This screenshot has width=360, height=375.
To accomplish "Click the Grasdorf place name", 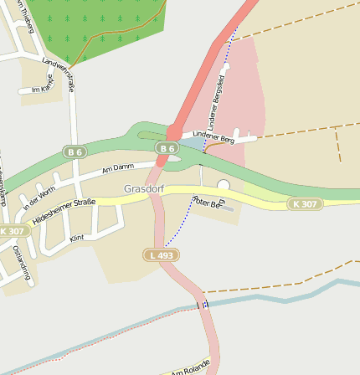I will coord(145,189).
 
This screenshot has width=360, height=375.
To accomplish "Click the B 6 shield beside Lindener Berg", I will coord(167,148).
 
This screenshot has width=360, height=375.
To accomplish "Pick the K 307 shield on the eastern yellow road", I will coord(305,204).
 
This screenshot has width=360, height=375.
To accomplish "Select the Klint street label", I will coord(77,239).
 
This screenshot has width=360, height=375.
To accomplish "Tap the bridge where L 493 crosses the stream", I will coord(201,305).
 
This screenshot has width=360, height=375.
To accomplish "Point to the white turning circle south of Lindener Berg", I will coord(223,185).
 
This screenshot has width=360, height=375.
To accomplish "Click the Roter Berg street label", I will coord(208,202).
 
